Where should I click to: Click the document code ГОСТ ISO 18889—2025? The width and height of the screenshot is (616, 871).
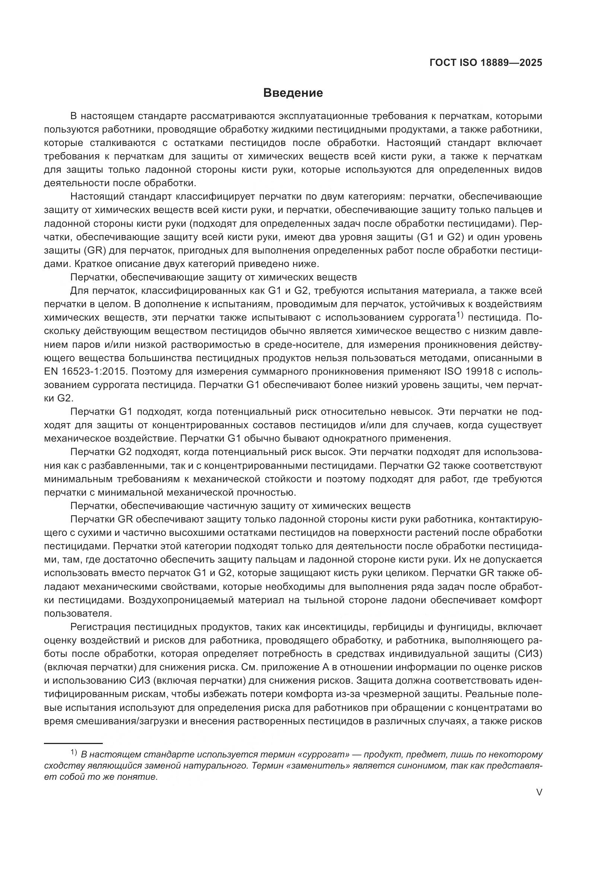pos(486,63)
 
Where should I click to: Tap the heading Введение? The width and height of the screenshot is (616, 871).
pos(293,93)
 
